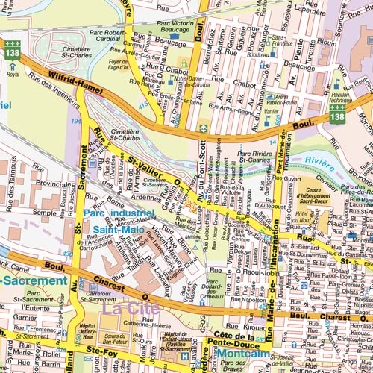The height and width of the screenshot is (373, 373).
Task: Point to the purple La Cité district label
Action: [x=121, y=307]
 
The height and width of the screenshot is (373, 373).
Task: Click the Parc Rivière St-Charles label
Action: [x=253, y=157]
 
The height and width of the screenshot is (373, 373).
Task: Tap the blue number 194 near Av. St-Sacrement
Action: [x=75, y=120]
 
